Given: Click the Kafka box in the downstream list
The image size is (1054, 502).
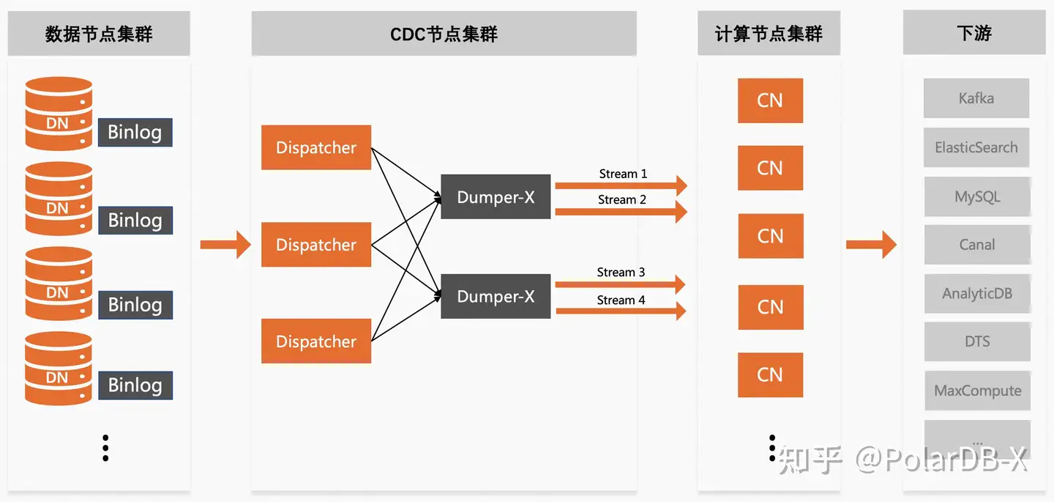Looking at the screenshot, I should pyautogui.click(x=976, y=98).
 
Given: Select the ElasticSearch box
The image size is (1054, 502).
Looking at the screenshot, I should pyautogui.click(x=976, y=147).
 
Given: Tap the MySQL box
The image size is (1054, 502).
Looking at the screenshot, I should pyautogui.click(x=977, y=196).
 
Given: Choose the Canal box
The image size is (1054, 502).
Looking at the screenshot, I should pyautogui.click(x=977, y=245).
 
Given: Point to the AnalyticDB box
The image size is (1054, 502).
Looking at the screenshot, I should pyautogui.click(x=977, y=293).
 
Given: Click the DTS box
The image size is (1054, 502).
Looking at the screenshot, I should pyautogui.click(x=977, y=342).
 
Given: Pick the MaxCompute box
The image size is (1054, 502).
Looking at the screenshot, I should pyautogui.click(x=977, y=391).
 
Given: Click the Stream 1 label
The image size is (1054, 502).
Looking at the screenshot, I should pyautogui.click(x=623, y=174).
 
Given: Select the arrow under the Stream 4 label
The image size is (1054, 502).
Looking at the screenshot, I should pyautogui.click(x=621, y=311).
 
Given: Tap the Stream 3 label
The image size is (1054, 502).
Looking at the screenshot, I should pyautogui.click(x=621, y=273).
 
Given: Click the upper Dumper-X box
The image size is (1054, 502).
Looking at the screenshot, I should pyautogui.click(x=496, y=197).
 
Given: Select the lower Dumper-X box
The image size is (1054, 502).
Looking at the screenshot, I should pyautogui.click(x=496, y=296).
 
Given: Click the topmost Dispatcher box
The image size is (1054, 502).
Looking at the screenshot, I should pyautogui.click(x=316, y=147).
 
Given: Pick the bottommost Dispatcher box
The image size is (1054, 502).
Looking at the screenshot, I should pyautogui.click(x=316, y=342).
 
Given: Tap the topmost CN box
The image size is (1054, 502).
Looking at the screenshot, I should pyautogui.click(x=770, y=100).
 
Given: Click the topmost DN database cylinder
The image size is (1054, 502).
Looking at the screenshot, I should pyautogui.click(x=59, y=114).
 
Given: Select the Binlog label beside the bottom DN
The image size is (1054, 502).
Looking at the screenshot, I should pyautogui.click(x=135, y=385).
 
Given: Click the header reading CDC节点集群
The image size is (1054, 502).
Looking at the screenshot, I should pyautogui.click(x=444, y=34).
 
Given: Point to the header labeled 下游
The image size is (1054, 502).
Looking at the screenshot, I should pyautogui.click(x=974, y=33).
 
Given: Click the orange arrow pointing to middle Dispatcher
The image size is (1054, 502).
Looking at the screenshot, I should pyautogui.click(x=225, y=244).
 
